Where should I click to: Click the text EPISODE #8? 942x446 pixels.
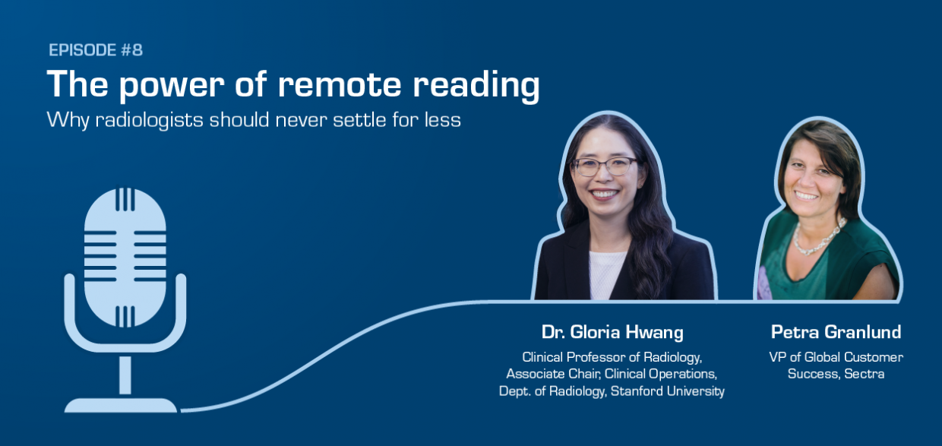click(96, 51)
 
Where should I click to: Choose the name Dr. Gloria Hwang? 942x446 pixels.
click(612, 332)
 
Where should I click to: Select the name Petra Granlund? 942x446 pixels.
click(836, 332)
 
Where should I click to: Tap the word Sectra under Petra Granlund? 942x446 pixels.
click(864, 374)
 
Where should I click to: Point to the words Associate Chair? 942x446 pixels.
click(544, 374)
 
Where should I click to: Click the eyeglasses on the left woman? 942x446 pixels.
click(605, 166)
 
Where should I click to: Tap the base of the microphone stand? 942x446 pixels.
click(121, 404)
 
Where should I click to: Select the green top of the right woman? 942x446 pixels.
click(790, 266)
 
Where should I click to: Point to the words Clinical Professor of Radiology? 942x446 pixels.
click(612, 356)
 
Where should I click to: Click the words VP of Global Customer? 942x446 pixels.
click(836, 356)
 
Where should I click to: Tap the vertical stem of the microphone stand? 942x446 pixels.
click(125, 374)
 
